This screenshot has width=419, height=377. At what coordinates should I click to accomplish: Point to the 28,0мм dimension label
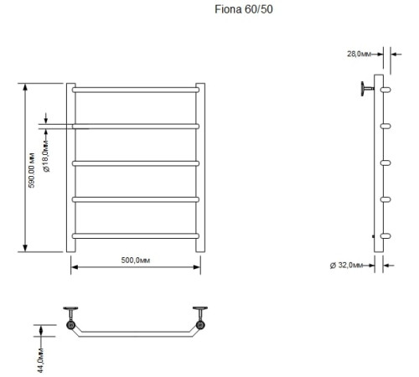(360, 54)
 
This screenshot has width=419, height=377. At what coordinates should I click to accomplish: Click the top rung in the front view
(136, 89)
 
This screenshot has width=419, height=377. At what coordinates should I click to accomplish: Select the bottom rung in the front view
(136, 235)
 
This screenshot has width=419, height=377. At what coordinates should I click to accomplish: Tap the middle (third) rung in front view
(136, 162)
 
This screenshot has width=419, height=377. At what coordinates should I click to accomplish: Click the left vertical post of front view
(70, 167)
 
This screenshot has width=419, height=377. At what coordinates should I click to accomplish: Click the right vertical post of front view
(200, 167)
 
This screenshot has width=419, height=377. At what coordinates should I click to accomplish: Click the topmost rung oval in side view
(385, 88)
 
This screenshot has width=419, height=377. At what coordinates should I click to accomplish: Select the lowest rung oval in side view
(385, 235)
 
